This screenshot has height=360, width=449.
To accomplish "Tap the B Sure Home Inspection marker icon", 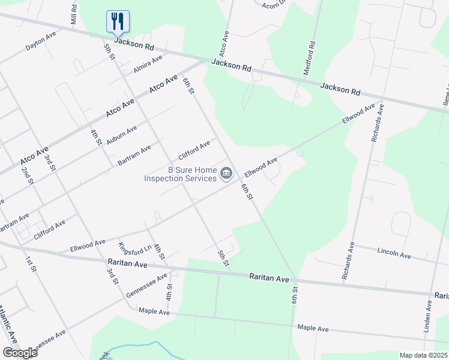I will [226, 175].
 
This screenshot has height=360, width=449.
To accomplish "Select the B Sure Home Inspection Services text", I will [180, 174].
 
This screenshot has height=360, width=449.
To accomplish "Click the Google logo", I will [19, 353].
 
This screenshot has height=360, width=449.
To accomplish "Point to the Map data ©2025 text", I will [424, 355].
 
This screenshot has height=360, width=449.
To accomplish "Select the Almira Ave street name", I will [148, 64].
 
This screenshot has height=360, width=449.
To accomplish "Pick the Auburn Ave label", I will [121, 135].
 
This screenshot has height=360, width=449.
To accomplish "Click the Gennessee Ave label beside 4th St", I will [147, 285].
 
